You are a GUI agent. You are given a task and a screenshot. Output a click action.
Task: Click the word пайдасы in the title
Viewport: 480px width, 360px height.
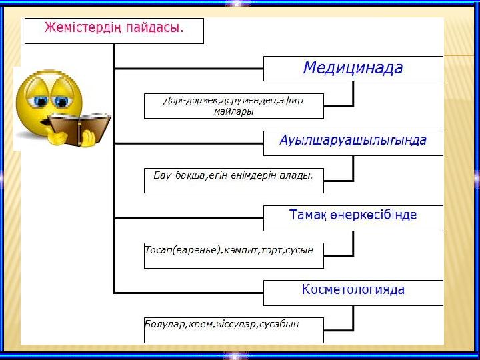pyautogui.click(x=157, y=29)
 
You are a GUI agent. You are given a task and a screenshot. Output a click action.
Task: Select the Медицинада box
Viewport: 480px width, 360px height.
pyautogui.click(x=353, y=68)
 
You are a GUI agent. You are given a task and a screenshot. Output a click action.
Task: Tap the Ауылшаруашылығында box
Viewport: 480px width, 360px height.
pyautogui.click(x=353, y=142)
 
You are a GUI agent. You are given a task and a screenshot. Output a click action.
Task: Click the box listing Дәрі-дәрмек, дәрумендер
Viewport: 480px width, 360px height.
pyautogui.click(x=233, y=105)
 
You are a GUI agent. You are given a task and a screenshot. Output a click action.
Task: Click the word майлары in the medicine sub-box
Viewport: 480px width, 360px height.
pyautogui.click(x=233, y=112)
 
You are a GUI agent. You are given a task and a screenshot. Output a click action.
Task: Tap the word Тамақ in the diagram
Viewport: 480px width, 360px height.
pyautogui.click(x=308, y=215)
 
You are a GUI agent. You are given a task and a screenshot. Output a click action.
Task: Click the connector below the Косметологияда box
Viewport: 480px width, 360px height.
pyautogui.click(x=353, y=318)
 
